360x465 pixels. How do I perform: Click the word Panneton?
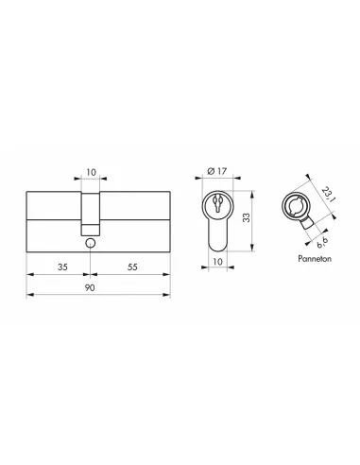pyautogui.click(x=303, y=255)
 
